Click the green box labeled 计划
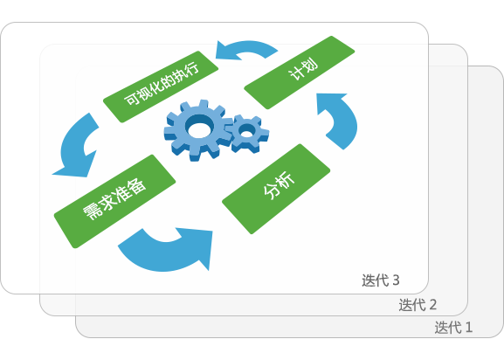click(300, 73)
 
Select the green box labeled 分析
click(276, 189)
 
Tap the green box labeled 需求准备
click(114, 201)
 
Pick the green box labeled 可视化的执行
click(161, 87)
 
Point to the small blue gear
click(247, 133)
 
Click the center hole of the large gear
click(199, 128)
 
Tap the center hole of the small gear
click(247, 131)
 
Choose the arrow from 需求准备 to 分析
click(167, 255)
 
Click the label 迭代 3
click(381, 280)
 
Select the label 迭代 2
click(418, 305)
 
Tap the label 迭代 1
click(453, 328)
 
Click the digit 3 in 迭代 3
click(396, 280)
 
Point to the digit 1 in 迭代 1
click(469, 328)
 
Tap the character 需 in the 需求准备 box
click(92, 211)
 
